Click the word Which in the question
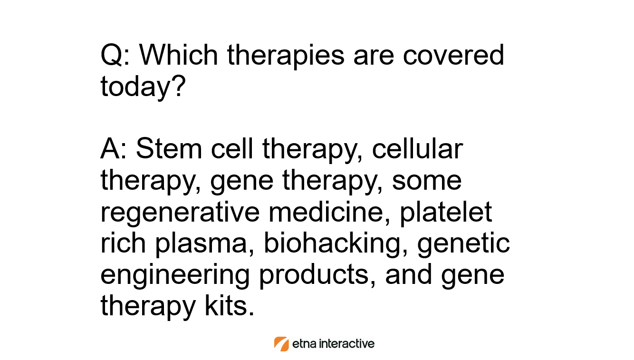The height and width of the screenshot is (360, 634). click(x=178, y=55)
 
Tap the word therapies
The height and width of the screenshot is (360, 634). click(x=286, y=56)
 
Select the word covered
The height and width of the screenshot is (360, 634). click(x=453, y=55)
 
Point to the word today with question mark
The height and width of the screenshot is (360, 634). click(x=143, y=86)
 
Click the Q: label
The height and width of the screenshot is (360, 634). click(x=115, y=55)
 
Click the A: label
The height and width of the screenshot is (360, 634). click(x=114, y=148)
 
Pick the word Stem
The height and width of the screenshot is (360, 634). click(x=169, y=148)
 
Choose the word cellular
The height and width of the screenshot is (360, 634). click(x=417, y=148)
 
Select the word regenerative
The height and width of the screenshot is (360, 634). click(x=180, y=213)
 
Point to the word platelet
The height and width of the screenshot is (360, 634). click(x=446, y=213)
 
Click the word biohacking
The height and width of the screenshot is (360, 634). click(x=336, y=243)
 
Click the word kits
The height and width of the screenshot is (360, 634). click(x=229, y=305)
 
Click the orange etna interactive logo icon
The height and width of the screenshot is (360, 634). click(x=281, y=344)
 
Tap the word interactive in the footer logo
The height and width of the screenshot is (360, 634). click(x=347, y=343)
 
